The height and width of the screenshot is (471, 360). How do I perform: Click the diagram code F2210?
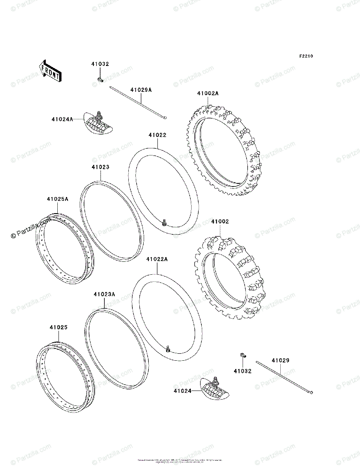point(306,56)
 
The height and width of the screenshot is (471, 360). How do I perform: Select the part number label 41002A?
point(208,93)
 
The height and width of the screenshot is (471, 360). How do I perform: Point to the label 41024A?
point(62,119)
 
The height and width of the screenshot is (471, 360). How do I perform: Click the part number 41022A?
point(157,259)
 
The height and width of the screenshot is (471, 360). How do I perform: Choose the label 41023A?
point(104,294)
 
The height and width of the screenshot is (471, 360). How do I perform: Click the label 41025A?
point(58,199)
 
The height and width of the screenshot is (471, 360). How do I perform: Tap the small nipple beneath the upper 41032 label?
point(100,80)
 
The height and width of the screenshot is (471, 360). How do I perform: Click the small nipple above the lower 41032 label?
point(243,356)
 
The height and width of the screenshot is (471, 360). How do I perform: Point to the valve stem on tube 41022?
point(164,224)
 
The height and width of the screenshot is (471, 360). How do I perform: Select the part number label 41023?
point(100,167)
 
